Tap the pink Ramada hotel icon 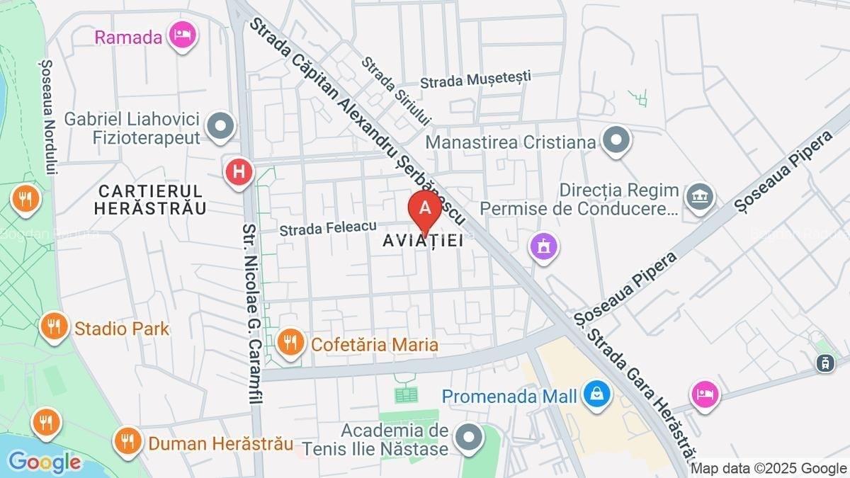[183, 35]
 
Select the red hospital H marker [239, 172]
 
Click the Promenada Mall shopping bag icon [597, 394]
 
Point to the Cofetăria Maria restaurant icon [290, 343]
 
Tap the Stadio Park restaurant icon [55, 327]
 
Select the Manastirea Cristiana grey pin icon [616, 141]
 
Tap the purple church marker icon [544, 248]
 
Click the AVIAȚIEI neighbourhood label [423, 241]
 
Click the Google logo [44, 462]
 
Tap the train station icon [824, 363]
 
